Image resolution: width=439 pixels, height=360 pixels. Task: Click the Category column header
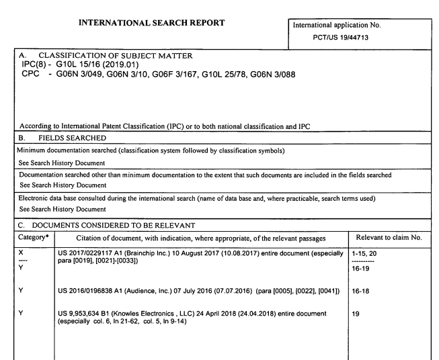coord(26,228)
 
